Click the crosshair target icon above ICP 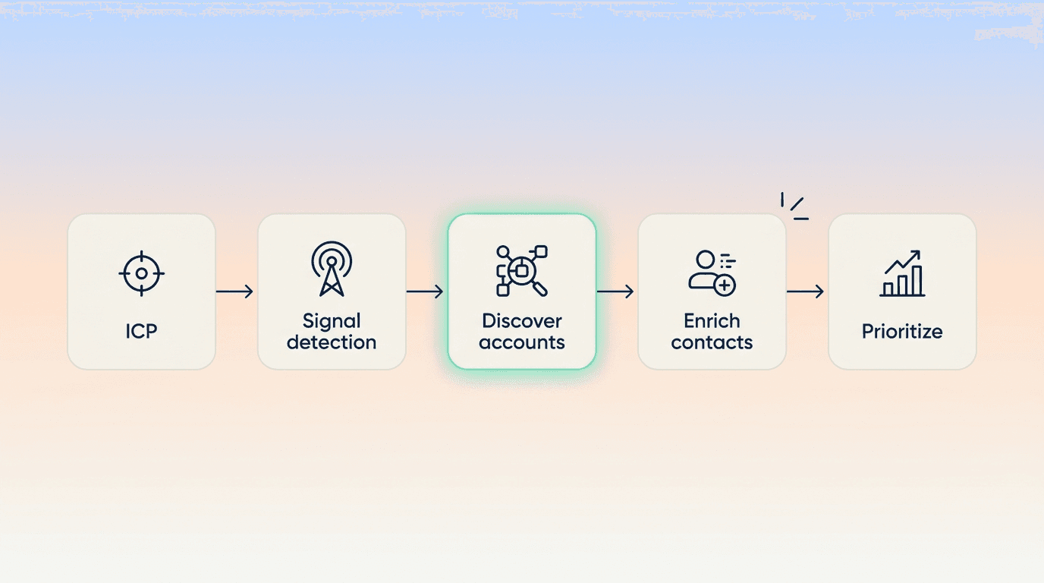pyautogui.click(x=141, y=274)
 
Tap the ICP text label pyautogui.click(x=141, y=331)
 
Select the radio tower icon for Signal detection pyautogui.click(x=332, y=269)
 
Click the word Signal pyautogui.click(x=332, y=322)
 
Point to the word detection pyautogui.click(x=332, y=342)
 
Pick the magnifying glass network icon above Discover pyautogui.click(x=522, y=270)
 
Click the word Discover pyautogui.click(x=522, y=321)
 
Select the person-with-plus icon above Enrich pyautogui.click(x=712, y=273)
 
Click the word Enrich pyautogui.click(x=712, y=321)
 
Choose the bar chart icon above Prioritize pyautogui.click(x=902, y=273)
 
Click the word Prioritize pyautogui.click(x=902, y=332)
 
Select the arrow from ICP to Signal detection pyautogui.click(x=234, y=291)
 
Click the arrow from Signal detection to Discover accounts pyautogui.click(x=425, y=291)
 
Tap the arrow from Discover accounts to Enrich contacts pyautogui.click(x=615, y=291)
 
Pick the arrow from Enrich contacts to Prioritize pyautogui.click(x=805, y=291)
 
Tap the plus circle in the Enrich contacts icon pyautogui.click(x=725, y=285)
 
